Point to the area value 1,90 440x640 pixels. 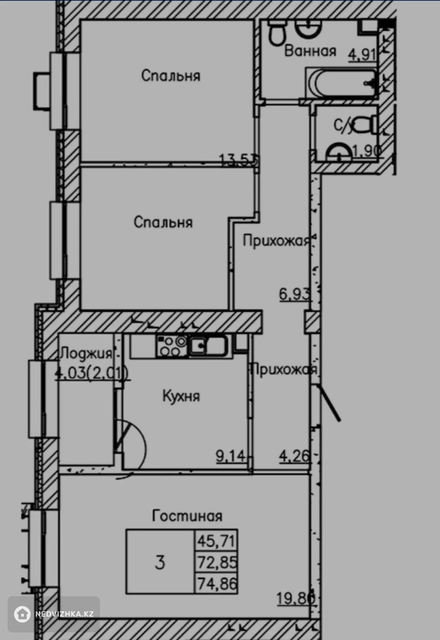click(367, 151)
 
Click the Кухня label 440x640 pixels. click(181, 396)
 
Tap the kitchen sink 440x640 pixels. click(208, 346)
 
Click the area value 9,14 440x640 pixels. click(230, 456)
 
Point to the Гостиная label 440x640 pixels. click(187, 516)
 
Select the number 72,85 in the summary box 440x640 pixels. click(217, 562)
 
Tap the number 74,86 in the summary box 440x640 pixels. click(217, 583)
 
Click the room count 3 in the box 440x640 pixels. click(160, 562)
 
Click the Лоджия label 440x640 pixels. click(86, 354)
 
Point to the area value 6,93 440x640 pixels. click(295, 295)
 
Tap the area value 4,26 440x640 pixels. click(294, 456)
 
